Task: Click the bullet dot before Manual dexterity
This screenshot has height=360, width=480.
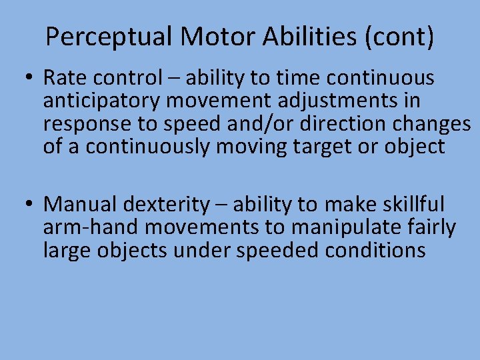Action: (x=29, y=204)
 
